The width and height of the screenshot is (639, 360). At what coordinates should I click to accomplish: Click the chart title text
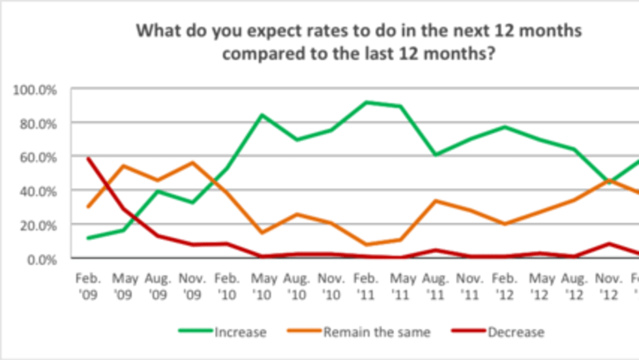(x=358, y=42)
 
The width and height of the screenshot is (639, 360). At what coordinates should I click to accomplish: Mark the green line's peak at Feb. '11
(x=366, y=102)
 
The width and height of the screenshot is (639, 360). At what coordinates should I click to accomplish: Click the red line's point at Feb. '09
(x=87, y=158)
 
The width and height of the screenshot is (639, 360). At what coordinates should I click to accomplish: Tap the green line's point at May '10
(x=261, y=115)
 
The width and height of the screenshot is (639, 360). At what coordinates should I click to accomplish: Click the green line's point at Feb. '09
(x=87, y=238)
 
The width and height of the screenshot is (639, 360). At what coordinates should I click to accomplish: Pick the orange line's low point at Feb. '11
(x=366, y=245)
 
